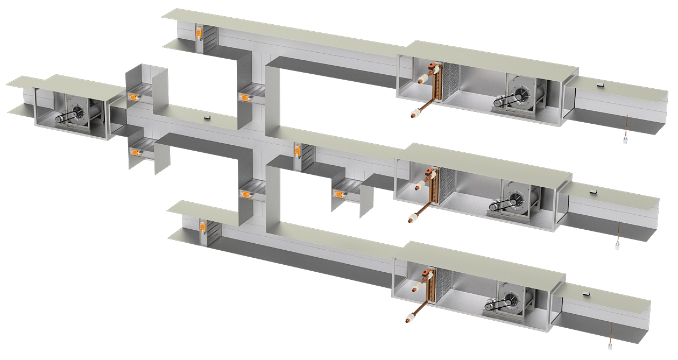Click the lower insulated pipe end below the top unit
[x=415, y=114]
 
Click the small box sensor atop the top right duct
[x=601, y=83]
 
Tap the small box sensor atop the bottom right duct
[x=586, y=293]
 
